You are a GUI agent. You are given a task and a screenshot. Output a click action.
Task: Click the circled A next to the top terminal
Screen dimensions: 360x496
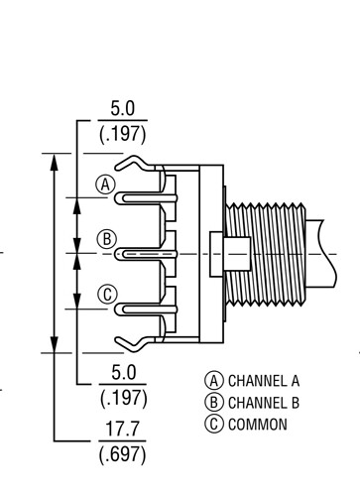[x=105, y=185]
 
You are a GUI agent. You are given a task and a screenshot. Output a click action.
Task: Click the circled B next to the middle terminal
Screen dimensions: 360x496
[x=106, y=239]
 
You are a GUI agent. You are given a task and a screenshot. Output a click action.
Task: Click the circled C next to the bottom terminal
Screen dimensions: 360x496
[x=107, y=294]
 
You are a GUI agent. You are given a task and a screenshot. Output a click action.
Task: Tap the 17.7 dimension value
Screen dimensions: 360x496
[x=122, y=429]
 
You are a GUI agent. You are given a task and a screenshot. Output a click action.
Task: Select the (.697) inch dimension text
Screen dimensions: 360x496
[x=122, y=454]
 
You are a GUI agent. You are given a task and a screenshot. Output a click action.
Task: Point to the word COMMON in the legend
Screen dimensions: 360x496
[x=258, y=425]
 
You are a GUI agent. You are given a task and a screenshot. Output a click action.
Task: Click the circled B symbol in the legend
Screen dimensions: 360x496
[x=214, y=403]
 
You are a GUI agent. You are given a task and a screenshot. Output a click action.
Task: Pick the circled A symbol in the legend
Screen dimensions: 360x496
[x=214, y=381]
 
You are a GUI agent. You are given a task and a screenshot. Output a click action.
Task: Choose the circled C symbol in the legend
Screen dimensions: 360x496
[x=214, y=425]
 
